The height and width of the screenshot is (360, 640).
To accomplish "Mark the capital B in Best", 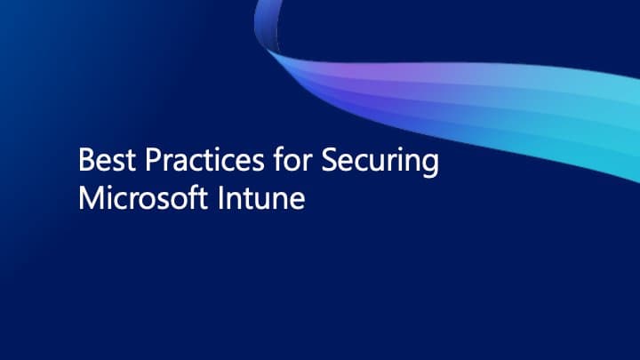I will click(x=85, y=162).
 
